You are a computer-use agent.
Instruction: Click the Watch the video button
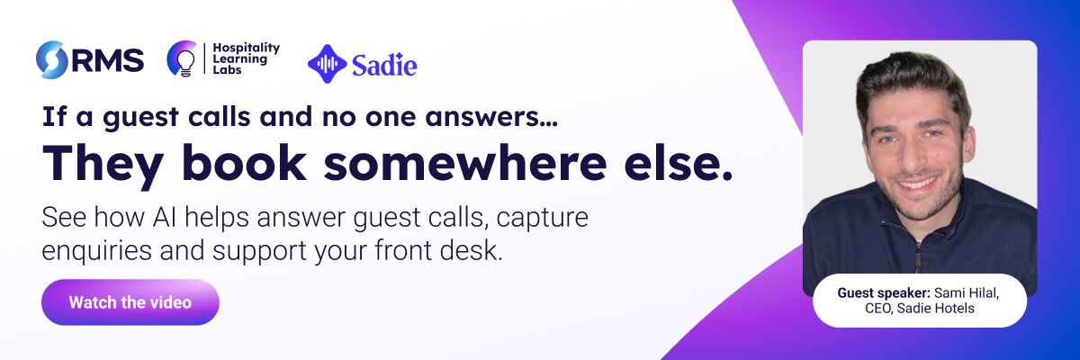pyautogui.click(x=130, y=302)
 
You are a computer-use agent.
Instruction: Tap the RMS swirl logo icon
pyautogui.click(x=51, y=59)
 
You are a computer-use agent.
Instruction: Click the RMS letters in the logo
pyautogui.click(x=109, y=60)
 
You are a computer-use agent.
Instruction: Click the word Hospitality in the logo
pyautogui.click(x=247, y=48)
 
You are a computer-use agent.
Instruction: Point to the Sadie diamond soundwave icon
pyautogui.click(x=327, y=64)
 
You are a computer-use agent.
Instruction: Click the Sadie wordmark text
pyautogui.click(x=384, y=65)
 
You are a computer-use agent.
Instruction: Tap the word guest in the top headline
pyautogui.click(x=140, y=118)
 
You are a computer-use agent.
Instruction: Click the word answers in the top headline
pyautogui.click(x=490, y=118)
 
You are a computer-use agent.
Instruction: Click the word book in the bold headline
pyautogui.click(x=244, y=162)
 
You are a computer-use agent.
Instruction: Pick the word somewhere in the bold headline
pyautogui.click(x=464, y=163)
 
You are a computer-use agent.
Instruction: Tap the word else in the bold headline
pyautogui.click(x=678, y=163)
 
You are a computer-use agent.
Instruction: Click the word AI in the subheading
pyautogui.click(x=164, y=217)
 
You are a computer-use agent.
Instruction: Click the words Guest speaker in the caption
pyautogui.click(x=884, y=293)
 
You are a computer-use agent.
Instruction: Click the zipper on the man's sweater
pyautogui.click(x=918, y=256)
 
